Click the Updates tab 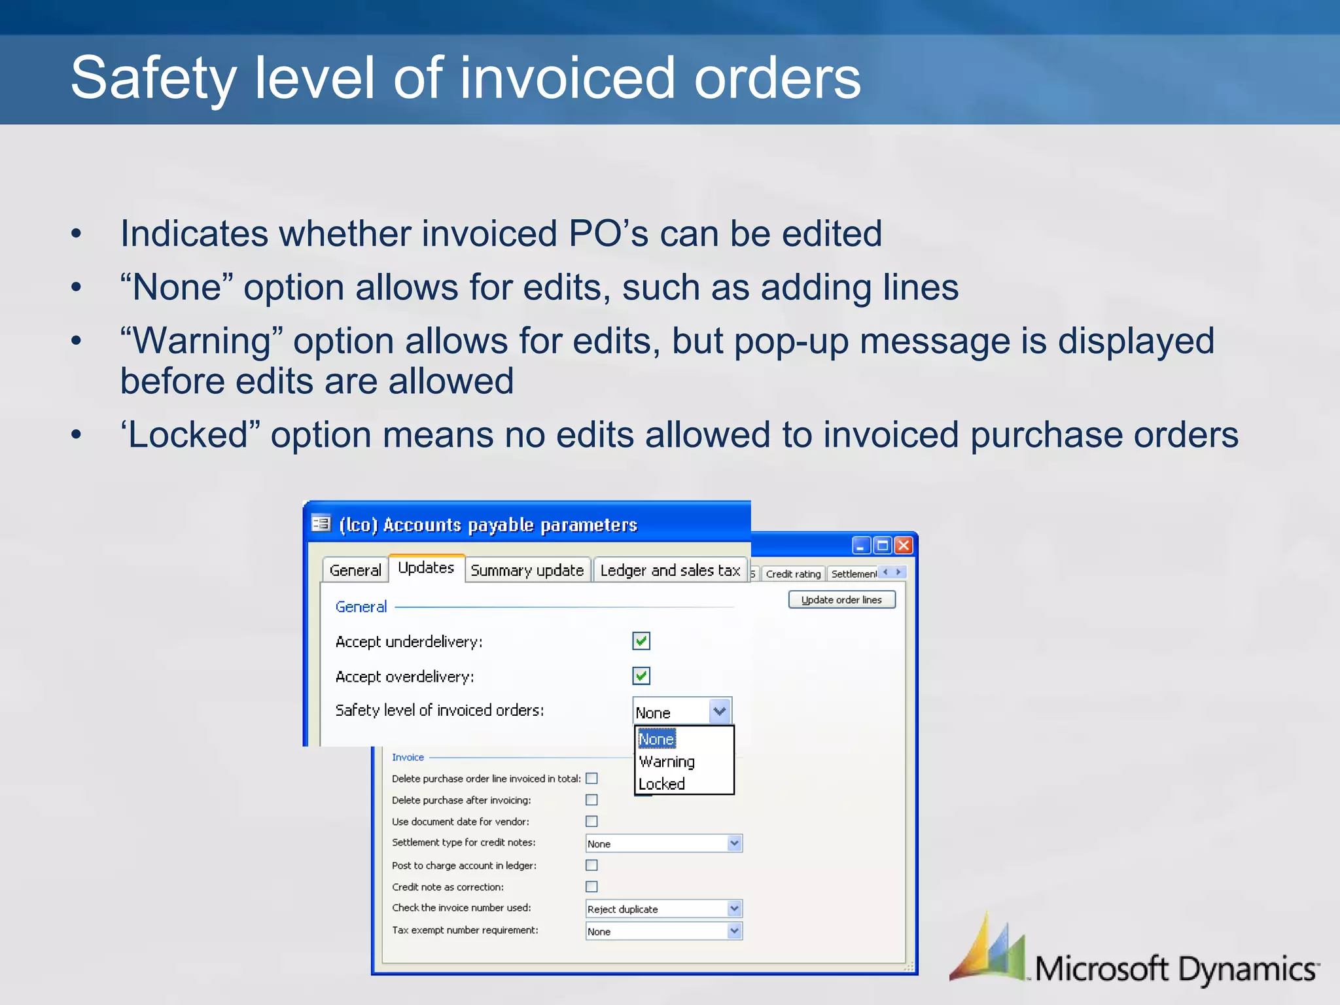(426, 568)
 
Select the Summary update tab (527, 571)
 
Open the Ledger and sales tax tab (670, 571)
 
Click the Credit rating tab (793, 574)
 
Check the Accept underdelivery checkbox (641, 641)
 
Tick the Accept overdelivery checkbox (641, 676)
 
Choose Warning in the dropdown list (667, 762)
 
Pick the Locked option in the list (661, 784)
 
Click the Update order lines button (841, 600)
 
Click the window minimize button (861, 545)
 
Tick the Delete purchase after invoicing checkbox (591, 800)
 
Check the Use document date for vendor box (591, 821)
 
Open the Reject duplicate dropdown (734, 909)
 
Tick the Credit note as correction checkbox (591, 887)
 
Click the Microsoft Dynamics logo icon (988, 949)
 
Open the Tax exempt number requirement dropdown (734, 931)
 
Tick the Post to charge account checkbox (591, 865)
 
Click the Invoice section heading (408, 757)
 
